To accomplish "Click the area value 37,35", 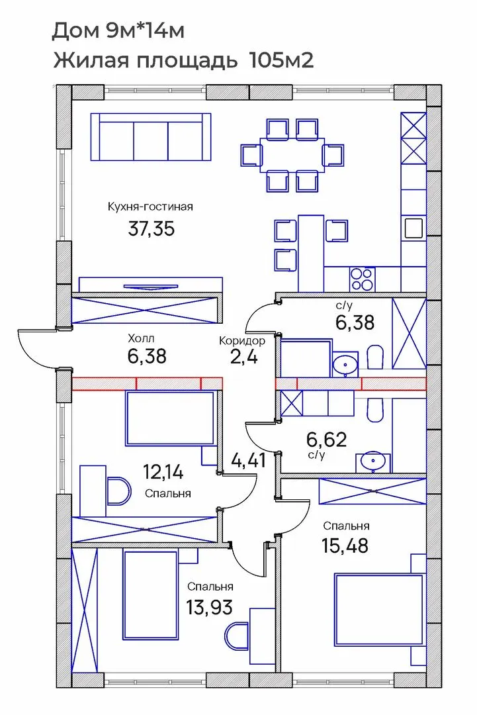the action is coord(152,229).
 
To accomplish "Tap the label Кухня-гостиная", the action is coord(150,207).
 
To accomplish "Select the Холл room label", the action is coord(141,338).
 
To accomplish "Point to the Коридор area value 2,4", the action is coord(244,357).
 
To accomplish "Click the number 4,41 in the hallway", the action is coord(249,459).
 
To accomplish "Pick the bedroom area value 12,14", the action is coord(163,472).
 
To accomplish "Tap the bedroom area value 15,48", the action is coord(345,546).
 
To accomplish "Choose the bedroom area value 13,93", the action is coord(210,607).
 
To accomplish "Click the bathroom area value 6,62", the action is coord(327,440).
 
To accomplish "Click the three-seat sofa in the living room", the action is coord(151,137).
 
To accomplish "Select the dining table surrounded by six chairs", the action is coord(292,155).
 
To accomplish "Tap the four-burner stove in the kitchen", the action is coord(363,279).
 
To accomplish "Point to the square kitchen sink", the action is coord(413,227).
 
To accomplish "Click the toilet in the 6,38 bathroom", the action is coord(374,358).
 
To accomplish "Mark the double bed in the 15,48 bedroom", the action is coord(380,610).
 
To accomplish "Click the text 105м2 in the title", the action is coord(282,60).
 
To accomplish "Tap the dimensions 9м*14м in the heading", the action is coord(146,31).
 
